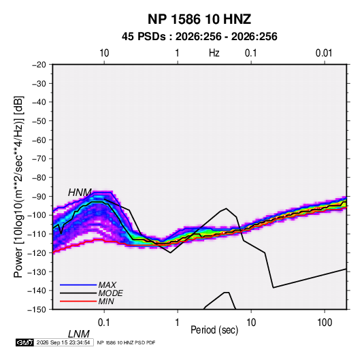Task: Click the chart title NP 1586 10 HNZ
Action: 199,19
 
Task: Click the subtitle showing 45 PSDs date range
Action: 199,37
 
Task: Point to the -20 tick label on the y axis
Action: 39,65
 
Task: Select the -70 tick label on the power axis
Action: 39,159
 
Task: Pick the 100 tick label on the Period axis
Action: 325,323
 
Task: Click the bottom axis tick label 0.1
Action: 104,323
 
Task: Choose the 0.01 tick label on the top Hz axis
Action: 324,53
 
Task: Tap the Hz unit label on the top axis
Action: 214,53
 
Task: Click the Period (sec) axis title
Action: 214,330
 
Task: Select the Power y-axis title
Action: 18,186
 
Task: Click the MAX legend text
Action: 107,284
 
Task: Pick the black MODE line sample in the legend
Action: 78,293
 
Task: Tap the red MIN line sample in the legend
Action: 78,301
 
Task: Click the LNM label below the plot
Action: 79,334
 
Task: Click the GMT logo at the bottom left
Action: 24,342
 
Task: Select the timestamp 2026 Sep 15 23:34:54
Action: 63,342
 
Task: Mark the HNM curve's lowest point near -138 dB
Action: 274,288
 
